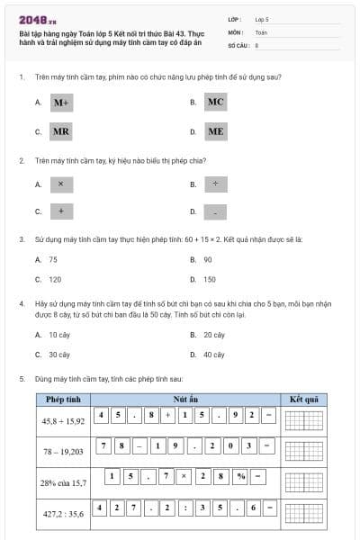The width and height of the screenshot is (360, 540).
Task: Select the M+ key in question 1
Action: (61, 103)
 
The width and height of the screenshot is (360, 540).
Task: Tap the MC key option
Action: (215, 102)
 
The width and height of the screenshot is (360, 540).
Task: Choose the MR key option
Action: (61, 131)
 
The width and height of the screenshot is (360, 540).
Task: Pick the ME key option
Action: (215, 131)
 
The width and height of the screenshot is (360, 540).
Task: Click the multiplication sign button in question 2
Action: (60, 184)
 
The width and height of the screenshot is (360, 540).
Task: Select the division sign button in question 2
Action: (215, 184)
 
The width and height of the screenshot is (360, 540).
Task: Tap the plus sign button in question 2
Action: (60, 212)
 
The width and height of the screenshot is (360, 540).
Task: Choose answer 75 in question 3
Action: (53, 259)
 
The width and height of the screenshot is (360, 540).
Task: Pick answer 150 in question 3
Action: (209, 279)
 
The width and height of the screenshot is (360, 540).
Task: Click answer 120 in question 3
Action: (55, 279)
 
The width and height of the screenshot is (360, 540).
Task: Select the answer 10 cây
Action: (58, 335)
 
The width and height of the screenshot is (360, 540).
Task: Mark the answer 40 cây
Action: (213, 355)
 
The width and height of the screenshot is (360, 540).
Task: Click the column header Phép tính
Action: (64, 399)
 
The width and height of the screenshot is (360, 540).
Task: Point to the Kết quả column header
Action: (303, 399)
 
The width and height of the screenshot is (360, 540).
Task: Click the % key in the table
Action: (241, 476)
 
